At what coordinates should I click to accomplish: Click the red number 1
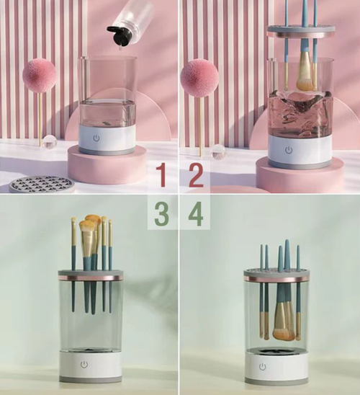click(x=161, y=175)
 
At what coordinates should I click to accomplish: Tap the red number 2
click(x=196, y=175)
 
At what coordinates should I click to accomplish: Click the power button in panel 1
click(x=96, y=138)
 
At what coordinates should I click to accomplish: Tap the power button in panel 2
click(x=289, y=151)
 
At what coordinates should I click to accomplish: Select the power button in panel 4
click(x=263, y=367)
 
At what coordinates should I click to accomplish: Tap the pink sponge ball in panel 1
click(x=39, y=75)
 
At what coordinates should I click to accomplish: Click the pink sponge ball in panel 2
click(x=199, y=77)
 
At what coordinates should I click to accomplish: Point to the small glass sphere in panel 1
click(x=50, y=141)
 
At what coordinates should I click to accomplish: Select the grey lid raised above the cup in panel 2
click(x=301, y=32)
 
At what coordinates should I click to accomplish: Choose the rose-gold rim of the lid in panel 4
click(x=276, y=278)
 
